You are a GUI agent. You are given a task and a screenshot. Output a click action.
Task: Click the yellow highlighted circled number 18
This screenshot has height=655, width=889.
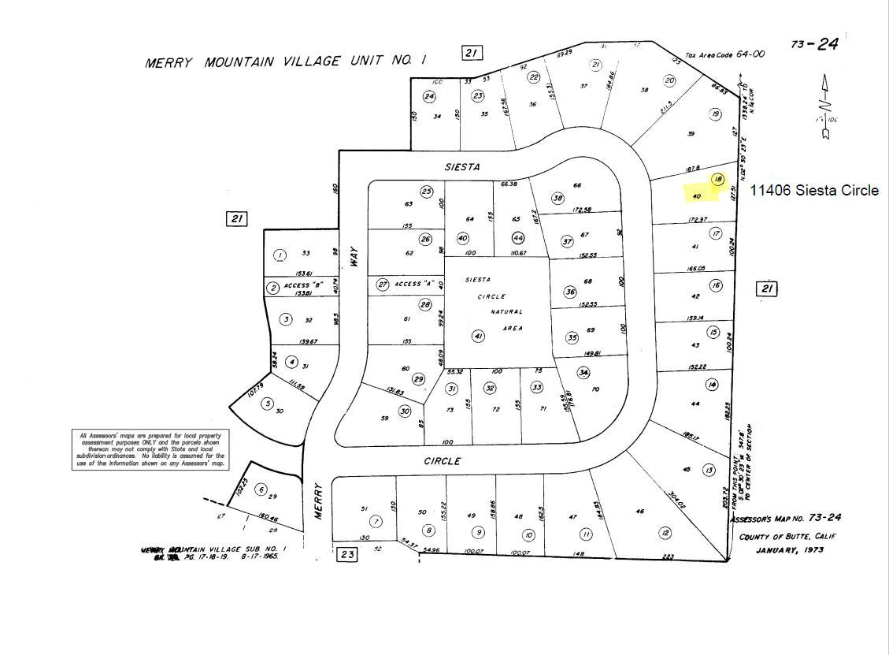717,180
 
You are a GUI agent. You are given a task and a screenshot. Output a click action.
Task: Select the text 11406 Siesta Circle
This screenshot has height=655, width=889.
813,191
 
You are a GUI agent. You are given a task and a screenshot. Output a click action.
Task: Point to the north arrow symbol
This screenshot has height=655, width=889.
826,106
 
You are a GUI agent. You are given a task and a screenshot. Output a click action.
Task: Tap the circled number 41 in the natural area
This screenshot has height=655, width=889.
478,337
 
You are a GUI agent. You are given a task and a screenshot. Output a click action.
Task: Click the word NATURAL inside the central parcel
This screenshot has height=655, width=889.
506,312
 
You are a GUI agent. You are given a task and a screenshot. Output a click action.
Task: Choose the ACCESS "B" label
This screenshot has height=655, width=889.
309,285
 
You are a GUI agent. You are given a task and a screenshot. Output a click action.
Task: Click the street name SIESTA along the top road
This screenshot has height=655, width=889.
462,167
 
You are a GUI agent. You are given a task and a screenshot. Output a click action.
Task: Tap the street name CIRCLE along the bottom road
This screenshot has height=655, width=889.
442,461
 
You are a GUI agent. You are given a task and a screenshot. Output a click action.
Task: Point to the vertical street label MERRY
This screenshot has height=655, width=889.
320,501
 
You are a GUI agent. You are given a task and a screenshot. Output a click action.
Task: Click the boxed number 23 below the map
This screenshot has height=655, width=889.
346,554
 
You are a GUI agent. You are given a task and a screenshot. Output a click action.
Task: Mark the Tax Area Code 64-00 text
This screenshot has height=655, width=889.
724,54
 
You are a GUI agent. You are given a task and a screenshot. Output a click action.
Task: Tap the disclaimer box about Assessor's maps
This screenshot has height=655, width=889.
150,449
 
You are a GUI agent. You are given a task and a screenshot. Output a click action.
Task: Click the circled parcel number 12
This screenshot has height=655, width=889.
665,534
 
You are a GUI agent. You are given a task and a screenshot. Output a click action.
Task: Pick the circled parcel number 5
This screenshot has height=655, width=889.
267,404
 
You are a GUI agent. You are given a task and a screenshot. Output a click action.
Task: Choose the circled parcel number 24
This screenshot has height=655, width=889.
429,97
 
